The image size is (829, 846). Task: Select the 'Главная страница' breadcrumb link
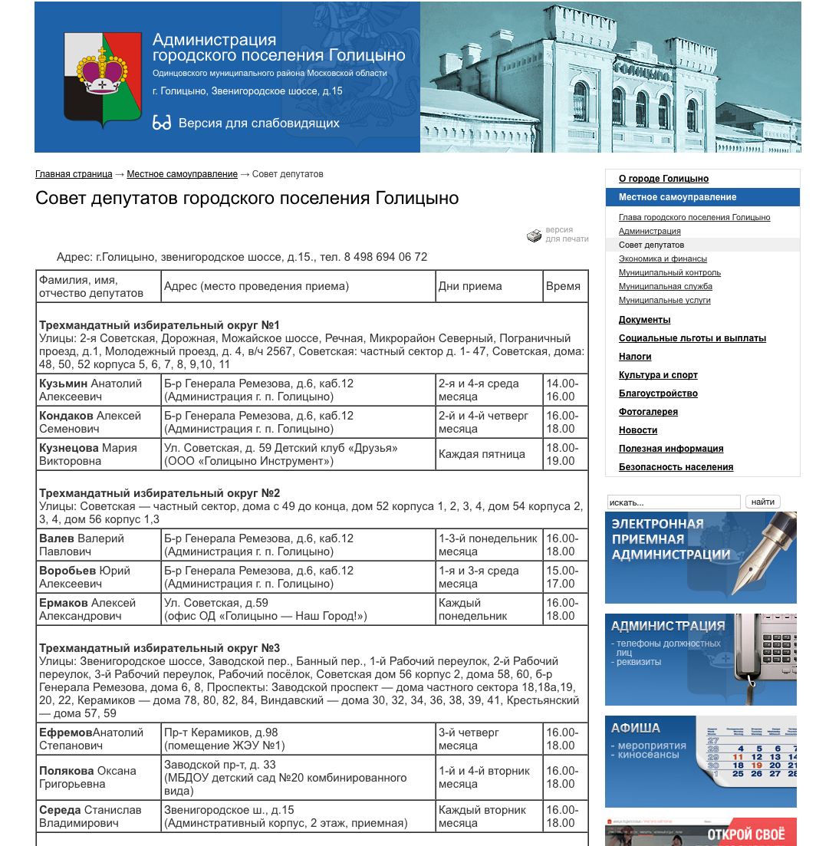point(74,174)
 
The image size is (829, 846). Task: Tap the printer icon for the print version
point(534,235)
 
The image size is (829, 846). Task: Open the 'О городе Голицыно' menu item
point(663,179)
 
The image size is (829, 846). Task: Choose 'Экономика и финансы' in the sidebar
point(663,258)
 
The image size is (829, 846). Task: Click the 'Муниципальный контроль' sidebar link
point(669,272)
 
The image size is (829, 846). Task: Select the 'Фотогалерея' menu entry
point(648,412)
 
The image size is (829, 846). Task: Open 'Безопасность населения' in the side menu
point(676,467)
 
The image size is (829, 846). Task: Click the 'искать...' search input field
point(673,502)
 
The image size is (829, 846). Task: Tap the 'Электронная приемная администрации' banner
point(700,558)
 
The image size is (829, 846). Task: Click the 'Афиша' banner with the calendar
point(700,762)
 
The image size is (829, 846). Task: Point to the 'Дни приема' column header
point(470,286)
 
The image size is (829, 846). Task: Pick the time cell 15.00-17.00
point(562,577)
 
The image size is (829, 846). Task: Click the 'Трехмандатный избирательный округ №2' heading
point(160,492)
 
